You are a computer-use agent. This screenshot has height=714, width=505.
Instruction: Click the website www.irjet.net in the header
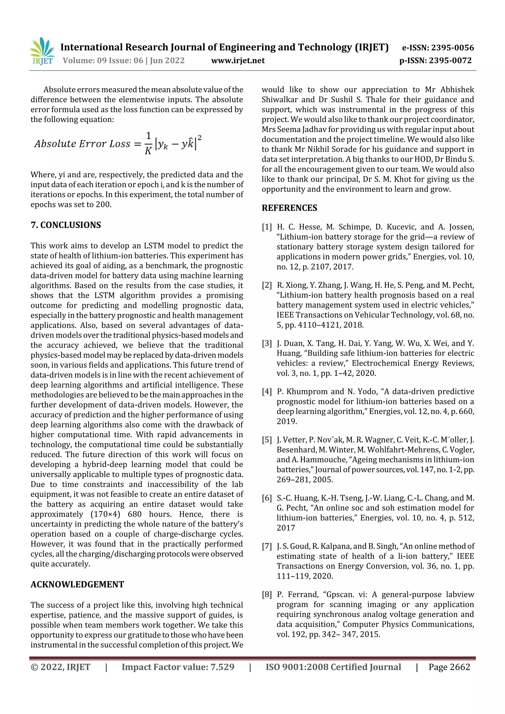tap(238, 61)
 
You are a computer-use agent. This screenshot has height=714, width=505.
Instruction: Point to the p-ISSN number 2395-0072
tap(450, 61)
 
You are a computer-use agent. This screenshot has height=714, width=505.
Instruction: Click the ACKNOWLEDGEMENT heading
tap(77, 584)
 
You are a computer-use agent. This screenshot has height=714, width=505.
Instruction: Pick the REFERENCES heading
tap(289, 208)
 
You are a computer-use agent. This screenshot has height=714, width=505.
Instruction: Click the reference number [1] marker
tap(267, 227)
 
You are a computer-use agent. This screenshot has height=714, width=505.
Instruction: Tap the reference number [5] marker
tap(267, 440)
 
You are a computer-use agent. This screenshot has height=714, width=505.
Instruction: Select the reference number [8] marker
tap(267, 594)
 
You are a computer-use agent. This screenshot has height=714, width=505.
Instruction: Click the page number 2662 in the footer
tap(460, 667)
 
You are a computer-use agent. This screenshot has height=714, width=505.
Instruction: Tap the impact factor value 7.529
tap(222, 667)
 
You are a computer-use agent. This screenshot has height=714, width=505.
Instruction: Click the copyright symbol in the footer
tap(34, 667)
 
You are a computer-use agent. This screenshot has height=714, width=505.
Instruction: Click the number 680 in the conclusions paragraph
tap(134, 514)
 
